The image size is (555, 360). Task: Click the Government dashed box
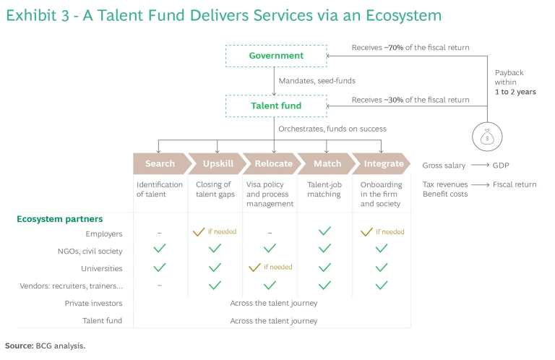coord(276,56)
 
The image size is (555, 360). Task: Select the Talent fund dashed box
coord(276,106)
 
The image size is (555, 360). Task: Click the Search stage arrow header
coord(159,163)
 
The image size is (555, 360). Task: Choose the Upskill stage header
coord(215,163)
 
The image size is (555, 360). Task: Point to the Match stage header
coord(327,163)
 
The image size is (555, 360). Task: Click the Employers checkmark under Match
coord(324,231)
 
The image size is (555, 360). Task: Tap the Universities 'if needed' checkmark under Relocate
coord(254,267)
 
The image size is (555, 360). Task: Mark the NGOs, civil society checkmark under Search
coord(159,249)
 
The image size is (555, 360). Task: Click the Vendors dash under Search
coord(159,285)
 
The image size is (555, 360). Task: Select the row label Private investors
coord(93,303)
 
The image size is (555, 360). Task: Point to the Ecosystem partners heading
coord(60,218)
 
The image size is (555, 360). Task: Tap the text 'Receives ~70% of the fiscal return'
coord(410,48)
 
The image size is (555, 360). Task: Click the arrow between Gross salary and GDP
coord(479,166)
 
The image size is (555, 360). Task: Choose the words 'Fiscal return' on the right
coord(515,184)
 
